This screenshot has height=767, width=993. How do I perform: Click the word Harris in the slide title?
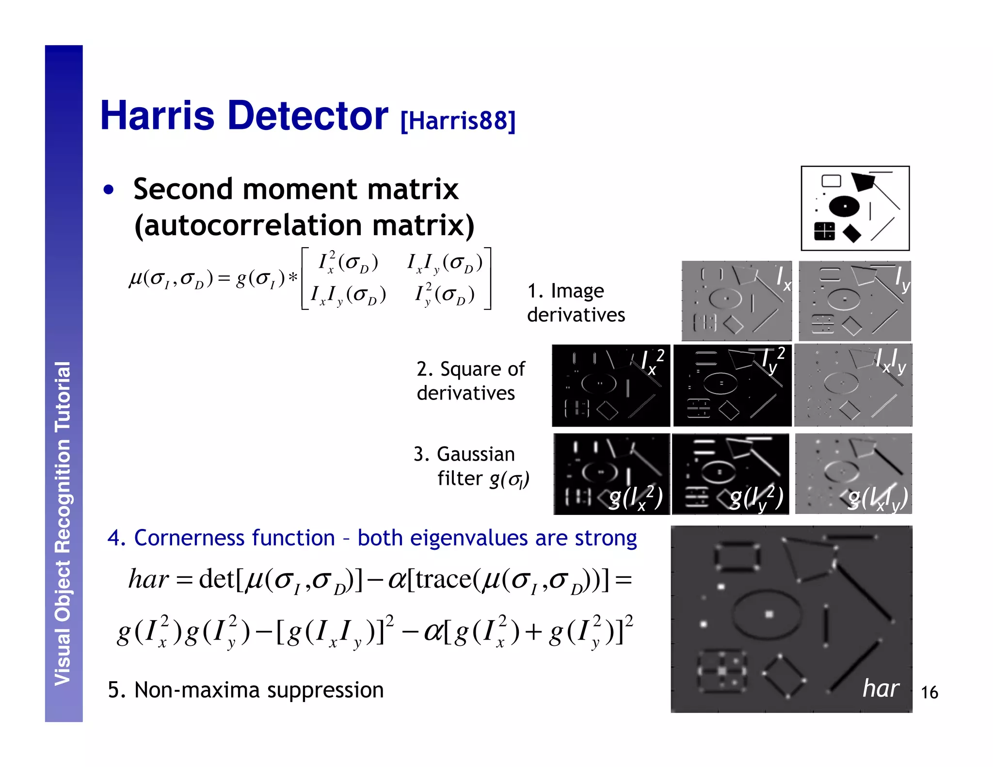pos(158,116)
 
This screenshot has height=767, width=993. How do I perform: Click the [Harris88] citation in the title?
pos(458,121)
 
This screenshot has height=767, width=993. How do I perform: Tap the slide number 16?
pos(929,692)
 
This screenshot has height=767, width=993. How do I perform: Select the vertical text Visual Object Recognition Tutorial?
pos(63,524)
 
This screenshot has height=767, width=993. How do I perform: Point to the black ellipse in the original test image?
pos(844,206)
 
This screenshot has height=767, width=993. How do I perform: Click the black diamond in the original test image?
pos(851,233)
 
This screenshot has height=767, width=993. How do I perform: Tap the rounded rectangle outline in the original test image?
pos(831,181)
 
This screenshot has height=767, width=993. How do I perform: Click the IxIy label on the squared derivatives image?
pos(891,361)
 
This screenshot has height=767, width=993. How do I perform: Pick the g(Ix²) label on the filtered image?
pos(636,498)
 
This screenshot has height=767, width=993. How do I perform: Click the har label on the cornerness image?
pos(881,688)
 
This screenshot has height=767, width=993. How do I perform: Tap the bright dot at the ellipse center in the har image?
pos(769,614)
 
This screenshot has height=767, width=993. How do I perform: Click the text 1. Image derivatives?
pos(576,303)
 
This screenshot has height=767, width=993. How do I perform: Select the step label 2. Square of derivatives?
pos(470,381)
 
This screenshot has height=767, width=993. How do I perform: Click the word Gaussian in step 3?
pos(476,455)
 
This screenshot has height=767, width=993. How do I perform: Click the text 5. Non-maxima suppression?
pos(245,690)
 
